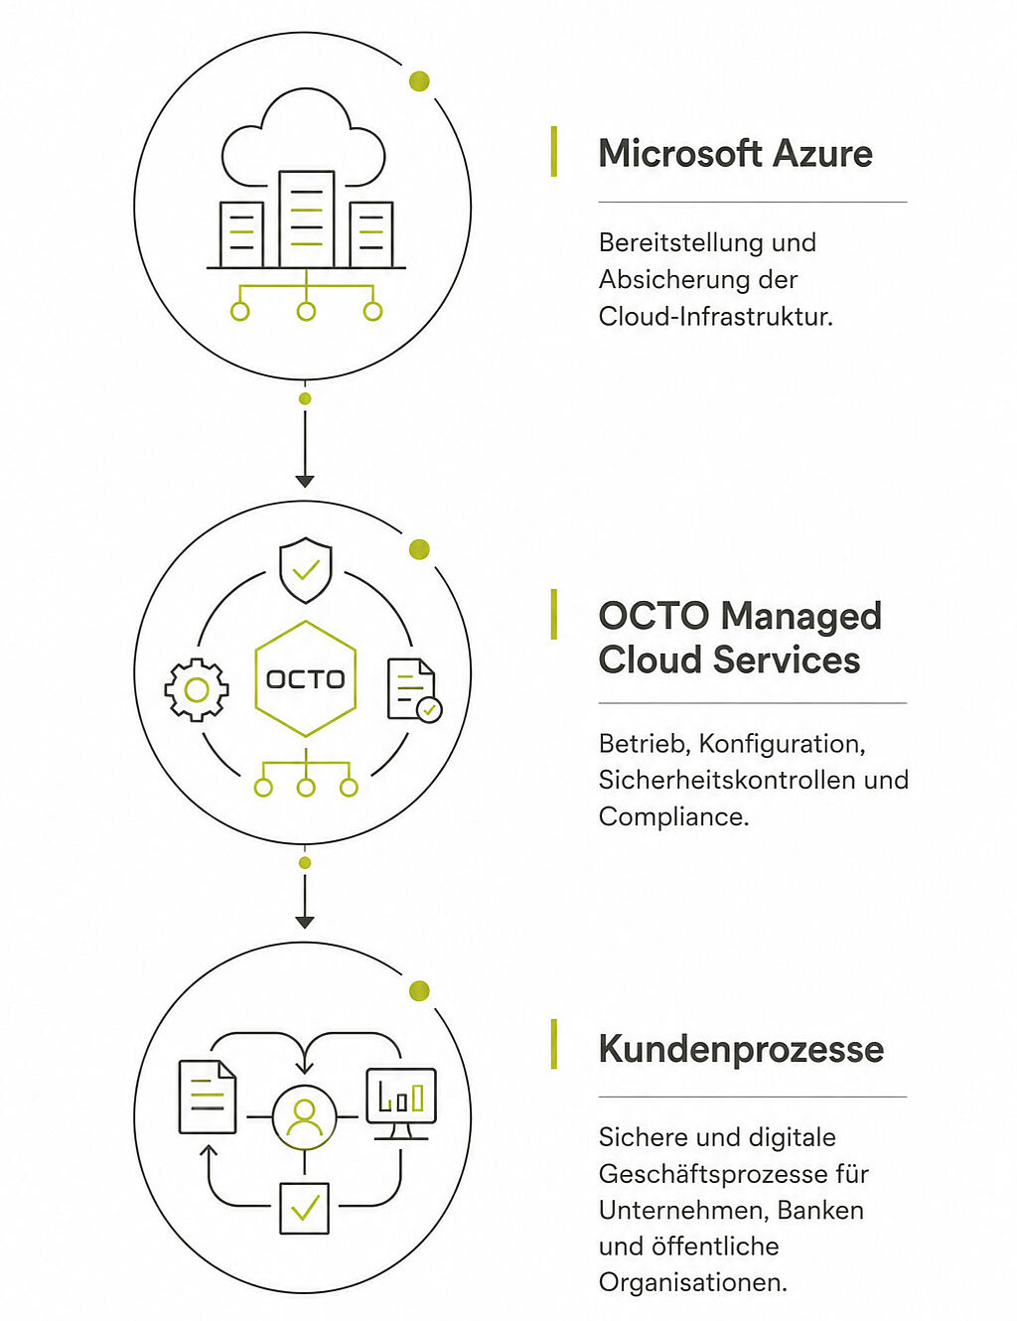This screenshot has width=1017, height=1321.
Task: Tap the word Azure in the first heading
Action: pyautogui.click(x=822, y=153)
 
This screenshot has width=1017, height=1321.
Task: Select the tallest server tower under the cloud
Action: pyautogui.click(x=306, y=219)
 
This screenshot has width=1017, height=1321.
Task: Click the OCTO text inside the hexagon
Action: pyautogui.click(x=306, y=679)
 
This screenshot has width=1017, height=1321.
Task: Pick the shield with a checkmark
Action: pyautogui.click(x=305, y=570)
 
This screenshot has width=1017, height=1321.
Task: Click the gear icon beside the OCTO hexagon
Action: pyautogui.click(x=197, y=690)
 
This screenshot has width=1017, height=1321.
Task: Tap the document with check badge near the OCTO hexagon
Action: pyautogui.click(x=414, y=690)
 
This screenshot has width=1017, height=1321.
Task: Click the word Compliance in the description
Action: pyautogui.click(x=673, y=816)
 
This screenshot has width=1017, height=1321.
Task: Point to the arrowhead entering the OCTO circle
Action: pyautogui.click(x=305, y=482)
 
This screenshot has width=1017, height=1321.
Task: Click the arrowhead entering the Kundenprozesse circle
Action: pyautogui.click(x=305, y=922)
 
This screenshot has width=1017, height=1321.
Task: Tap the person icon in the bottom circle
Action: pyautogui.click(x=305, y=1117)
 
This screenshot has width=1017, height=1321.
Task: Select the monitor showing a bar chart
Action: pyautogui.click(x=401, y=1103)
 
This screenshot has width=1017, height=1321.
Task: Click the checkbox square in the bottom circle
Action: pyautogui.click(x=305, y=1209)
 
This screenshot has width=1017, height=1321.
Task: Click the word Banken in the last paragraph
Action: pyautogui.click(x=820, y=1211)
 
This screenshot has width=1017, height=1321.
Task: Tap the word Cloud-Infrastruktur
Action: pyautogui.click(x=715, y=317)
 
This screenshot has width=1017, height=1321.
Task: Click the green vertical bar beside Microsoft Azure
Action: pyautogui.click(x=554, y=151)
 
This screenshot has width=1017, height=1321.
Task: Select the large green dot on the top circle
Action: pyautogui.click(x=419, y=80)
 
